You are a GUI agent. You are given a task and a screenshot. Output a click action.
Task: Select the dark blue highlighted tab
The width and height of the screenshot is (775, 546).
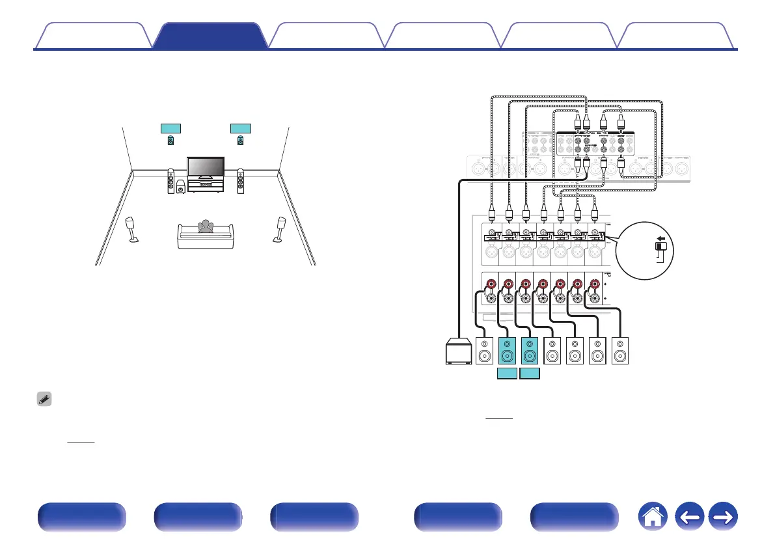(x=211, y=36)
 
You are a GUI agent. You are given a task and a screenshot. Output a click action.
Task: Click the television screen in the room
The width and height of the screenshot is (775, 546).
(x=205, y=167)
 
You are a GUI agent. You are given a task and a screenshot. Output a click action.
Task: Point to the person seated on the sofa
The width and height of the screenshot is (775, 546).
(x=206, y=228)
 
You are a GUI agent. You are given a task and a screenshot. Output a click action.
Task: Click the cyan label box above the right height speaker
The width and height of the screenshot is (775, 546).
(x=241, y=127)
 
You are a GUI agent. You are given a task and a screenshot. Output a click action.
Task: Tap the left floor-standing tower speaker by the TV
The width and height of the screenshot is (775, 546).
(x=170, y=182)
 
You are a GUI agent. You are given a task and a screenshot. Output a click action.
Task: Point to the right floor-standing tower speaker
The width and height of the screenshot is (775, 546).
(x=241, y=182)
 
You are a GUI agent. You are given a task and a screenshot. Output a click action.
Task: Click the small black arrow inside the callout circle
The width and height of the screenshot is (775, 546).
(x=660, y=239)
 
